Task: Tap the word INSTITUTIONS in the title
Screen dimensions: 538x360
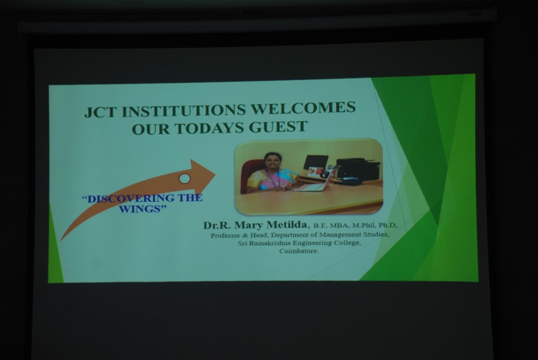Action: coord(184,110)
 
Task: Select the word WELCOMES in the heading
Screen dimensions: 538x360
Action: coord(303,108)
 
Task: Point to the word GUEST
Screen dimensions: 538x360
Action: coord(277,127)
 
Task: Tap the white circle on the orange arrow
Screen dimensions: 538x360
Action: coord(185,179)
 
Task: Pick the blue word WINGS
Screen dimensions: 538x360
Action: coord(140,209)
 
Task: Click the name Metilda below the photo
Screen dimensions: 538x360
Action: coord(287,225)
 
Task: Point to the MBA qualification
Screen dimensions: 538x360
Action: coord(339,226)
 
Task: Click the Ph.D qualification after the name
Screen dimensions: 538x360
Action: coord(387,226)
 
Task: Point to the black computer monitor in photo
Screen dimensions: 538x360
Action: coord(316,162)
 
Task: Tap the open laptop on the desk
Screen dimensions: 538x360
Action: coord(315,184)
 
